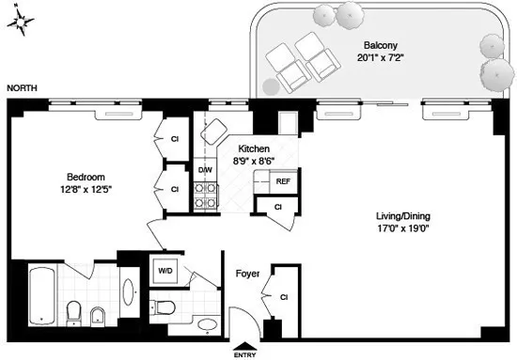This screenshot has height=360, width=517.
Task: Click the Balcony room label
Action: click(383, 44)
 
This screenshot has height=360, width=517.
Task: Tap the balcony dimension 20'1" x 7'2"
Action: click(383, 57)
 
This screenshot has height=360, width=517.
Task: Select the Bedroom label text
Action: click(85, 177)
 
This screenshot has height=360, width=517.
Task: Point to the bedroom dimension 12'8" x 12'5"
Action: click(85, 190)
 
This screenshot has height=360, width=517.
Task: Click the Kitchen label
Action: click(254, 149)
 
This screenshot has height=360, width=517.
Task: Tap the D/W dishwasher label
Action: click(204, 170)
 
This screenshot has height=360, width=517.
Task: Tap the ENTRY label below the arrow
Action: click(244, 356)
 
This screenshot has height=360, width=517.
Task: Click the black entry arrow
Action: click(244, 345)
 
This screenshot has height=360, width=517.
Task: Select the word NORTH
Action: click(23, 87)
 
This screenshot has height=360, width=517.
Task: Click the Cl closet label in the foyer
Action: click(284, 298)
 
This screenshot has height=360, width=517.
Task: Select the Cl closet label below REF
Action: click(278, 206)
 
